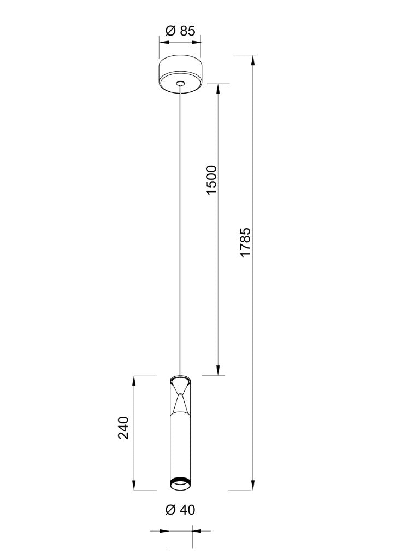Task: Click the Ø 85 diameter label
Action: [180, 31]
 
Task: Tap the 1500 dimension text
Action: [211, 179]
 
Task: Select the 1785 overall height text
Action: [246, 242]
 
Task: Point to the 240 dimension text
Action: [123, 428]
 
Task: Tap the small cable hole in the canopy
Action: [181, 84]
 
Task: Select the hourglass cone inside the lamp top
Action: [181, 397]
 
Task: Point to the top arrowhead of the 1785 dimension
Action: [253, 60]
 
